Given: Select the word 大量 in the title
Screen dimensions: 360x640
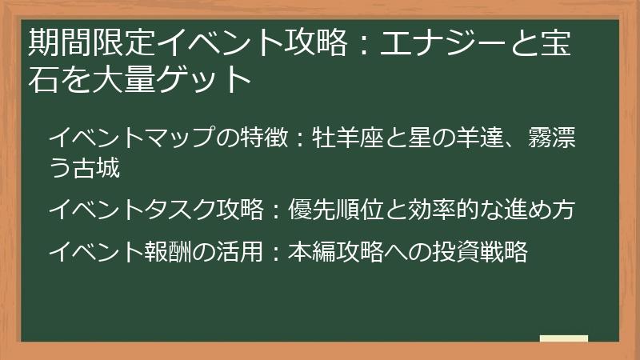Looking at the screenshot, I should point(129,79).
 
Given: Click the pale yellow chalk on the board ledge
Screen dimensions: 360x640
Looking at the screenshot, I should point(564,339).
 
